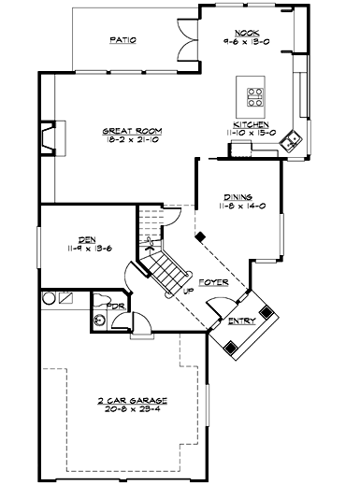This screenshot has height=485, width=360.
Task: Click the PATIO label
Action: click(x=122, y=40)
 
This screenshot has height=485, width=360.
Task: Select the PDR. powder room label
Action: click(x=117, y=305)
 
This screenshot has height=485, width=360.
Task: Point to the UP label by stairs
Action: click(x=188, y=291)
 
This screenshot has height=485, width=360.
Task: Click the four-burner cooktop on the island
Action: click(x=254, y=93)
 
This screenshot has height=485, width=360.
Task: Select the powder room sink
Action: click(x=100, y=320)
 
